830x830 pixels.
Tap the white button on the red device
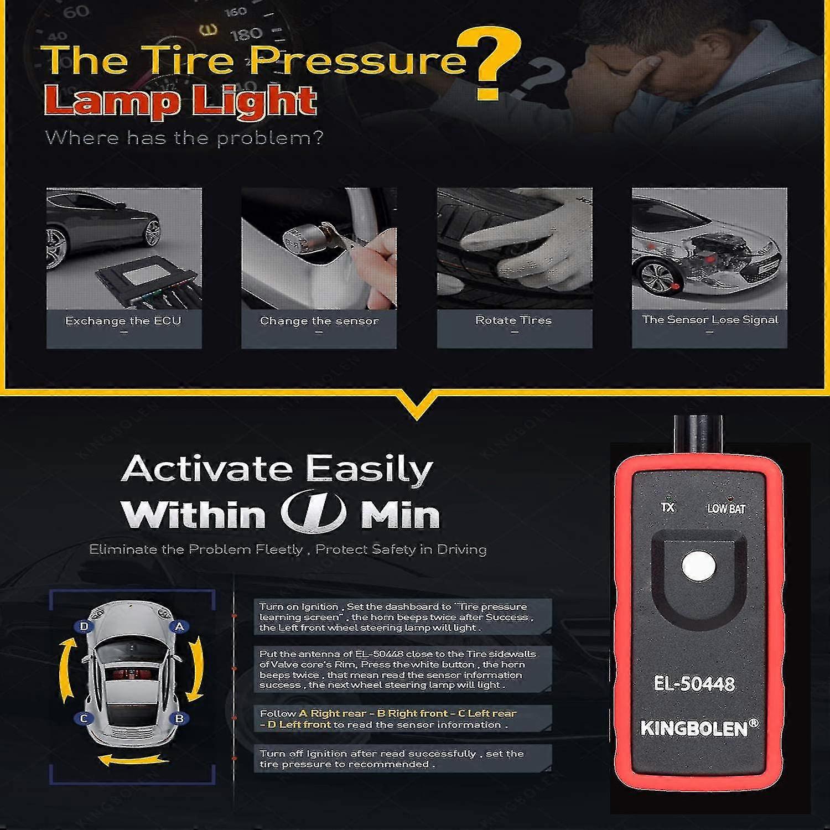point(699,566)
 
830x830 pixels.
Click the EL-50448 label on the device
point(694,684)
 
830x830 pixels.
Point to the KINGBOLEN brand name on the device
point(695,728)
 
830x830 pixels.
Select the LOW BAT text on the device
point(726,509)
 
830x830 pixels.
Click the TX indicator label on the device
point(668,507)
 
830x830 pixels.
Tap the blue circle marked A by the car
point(179,626)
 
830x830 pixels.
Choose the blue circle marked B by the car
point(179,718)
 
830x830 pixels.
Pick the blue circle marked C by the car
point(84,718)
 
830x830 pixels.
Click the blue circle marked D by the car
point(84,626)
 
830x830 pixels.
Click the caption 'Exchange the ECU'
point(123,320)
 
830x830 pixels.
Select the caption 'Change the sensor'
point(319,321)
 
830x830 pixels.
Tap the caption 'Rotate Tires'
point(513,320)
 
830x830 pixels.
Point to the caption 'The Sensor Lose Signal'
point(710,319)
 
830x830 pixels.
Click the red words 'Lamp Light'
point(180,101)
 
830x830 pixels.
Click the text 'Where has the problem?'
point(184,138)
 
